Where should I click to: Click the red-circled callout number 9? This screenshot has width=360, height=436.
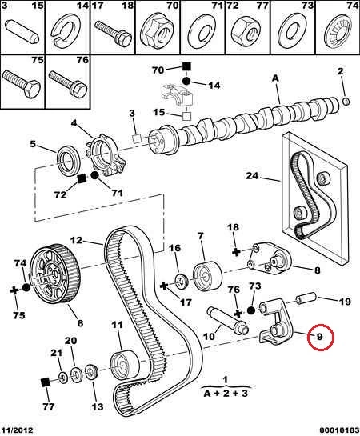pos(320,337)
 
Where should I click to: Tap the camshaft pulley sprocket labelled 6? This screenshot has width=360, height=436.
pos(54,274)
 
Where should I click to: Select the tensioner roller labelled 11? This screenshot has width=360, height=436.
pos(125,363)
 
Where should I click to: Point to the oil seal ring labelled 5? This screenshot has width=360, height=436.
pos(69,161)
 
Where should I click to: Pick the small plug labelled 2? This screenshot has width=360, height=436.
pos(346,102)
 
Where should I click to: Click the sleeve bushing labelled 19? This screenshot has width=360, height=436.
pos(306,298)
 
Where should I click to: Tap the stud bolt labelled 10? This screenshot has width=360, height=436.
pos(227,321)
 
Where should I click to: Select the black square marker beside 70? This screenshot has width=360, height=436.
pos(186,67)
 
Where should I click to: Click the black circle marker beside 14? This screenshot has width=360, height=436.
pos(186,81)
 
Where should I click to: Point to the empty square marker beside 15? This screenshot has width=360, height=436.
pos(186,115)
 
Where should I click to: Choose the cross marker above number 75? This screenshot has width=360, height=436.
pos(14,291)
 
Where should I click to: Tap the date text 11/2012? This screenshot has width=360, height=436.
pos(17,430)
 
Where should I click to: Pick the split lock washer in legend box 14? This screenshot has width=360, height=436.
pos(66,29)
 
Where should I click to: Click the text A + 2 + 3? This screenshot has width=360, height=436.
pos(225,394)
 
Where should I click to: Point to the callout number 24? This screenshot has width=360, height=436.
pos(252,176)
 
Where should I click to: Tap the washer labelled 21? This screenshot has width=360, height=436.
pos(63,378)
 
